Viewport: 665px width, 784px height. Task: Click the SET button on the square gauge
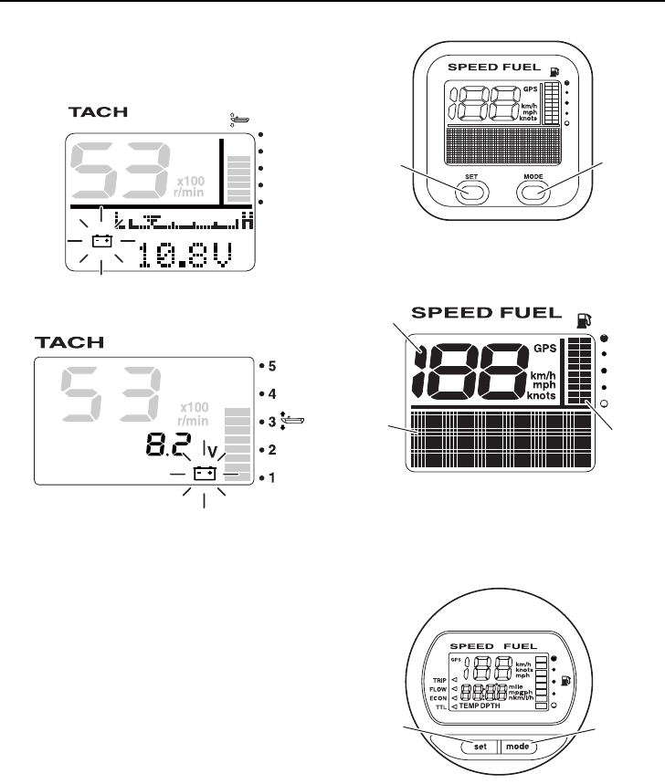click(x=469, y=192)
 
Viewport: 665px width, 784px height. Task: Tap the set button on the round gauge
click(x=480, y=746)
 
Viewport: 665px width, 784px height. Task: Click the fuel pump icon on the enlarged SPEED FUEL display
click(x=581, y=320)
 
